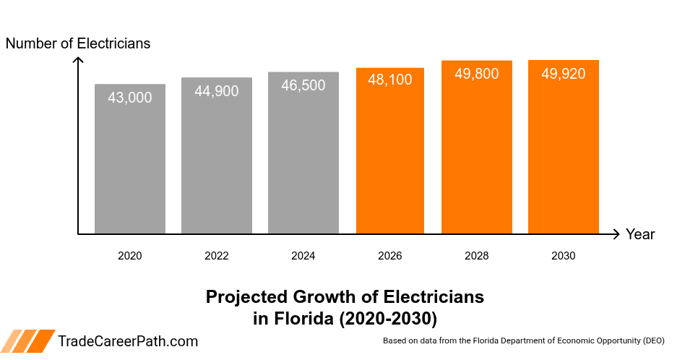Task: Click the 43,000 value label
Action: [x=130, y=98]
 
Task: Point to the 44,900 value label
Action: [x=217, y=91]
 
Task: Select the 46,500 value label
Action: [x=303, y=85]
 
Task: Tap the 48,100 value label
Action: [x=390, y=80]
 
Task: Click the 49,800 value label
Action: [x=477, y=74]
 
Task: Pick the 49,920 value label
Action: [x=564, y=74]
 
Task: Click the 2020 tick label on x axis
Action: [x=130, y=256]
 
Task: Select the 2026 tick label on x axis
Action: [x=390, y=256]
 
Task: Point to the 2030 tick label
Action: [x=564, y=256]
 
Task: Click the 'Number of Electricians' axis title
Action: [x=78, y=43]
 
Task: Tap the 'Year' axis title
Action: [x=640, y=234]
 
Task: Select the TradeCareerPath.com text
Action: [x=128, y=342]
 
